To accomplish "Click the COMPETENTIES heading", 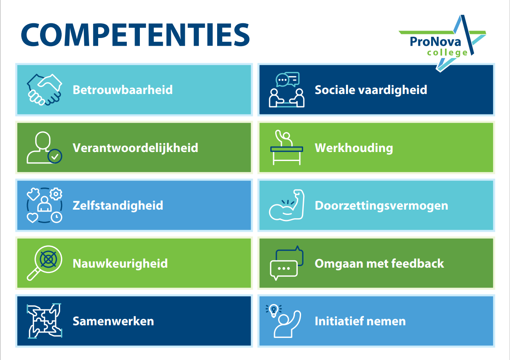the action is tap(135, 35).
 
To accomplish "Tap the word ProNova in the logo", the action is tap(435, 42).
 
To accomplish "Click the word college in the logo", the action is tap(447, 53).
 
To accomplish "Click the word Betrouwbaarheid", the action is tap(123, 90).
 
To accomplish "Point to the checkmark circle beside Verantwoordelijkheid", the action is tap(55, 156).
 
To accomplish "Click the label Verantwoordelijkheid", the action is tap(135, 148).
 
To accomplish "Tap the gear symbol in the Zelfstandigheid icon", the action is tap(56, 194).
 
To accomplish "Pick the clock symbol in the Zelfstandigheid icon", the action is tap(56, 217).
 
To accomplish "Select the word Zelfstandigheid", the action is tap(118, 206).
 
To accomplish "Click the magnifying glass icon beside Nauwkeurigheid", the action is tap(45, 263).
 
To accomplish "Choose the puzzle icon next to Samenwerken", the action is tap(45, 321).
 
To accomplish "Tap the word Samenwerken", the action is tap(113, 321).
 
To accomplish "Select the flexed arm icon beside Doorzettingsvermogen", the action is tap(287, 205).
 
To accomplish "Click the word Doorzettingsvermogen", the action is tap(382, 206).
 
